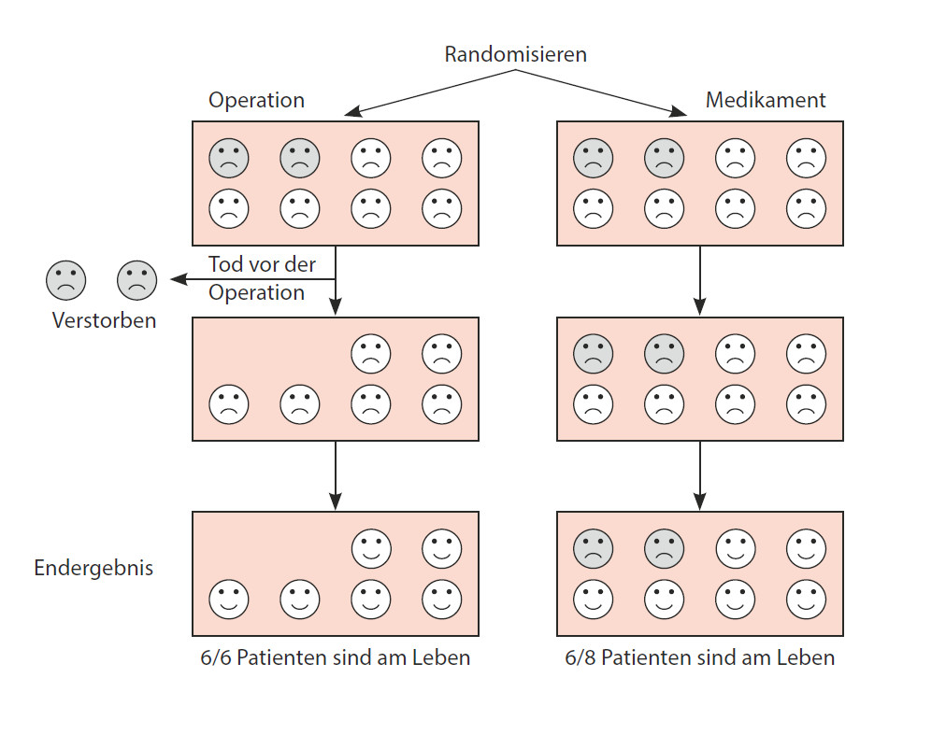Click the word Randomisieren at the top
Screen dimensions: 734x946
pos(515,53)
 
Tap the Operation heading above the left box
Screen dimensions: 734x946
pos(256,100)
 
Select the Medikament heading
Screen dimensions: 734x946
pos(766,100)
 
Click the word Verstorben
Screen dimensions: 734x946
pos(104,320)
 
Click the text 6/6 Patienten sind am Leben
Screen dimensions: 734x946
pos(336,657)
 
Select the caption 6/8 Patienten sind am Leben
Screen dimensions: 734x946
pos(699,657)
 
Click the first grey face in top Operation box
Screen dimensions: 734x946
pos(229,157)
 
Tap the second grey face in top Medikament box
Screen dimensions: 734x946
pos(664,157)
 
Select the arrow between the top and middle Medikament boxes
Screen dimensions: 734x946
pos(700,280)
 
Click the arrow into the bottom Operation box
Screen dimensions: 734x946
pos(336,475)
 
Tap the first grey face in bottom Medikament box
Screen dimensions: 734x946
pos(593,548)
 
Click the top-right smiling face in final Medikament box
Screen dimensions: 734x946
pos(806,548)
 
